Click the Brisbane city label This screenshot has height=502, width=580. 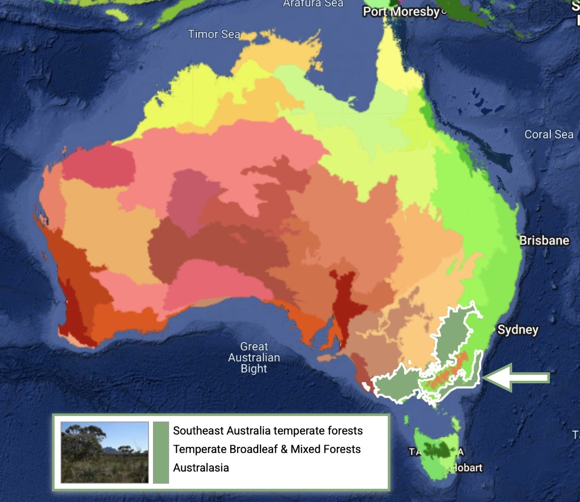click(x=544, y=240)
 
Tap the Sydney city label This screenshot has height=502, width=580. click(x=518, y=330)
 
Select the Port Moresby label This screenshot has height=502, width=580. click(x=401, y=11)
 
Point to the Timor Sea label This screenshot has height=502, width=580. click(x=214, y=34)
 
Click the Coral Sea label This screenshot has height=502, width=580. click(x=549, y=134)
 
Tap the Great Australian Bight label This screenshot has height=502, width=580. click(x=254, y=357)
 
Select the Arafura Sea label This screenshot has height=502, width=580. click(x=313, y=3)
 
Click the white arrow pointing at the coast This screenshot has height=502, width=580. click(x=517, y=377)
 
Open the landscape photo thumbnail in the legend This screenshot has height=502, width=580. click(x=105, y=452)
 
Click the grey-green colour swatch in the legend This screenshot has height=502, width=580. click(x=161, y=452)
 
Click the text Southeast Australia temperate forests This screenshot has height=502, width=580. click(x=268, y=431)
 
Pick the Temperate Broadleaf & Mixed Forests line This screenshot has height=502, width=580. click(x=267, y=449)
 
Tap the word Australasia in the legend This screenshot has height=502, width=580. click(x=201, y=468)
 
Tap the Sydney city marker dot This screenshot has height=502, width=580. click(x=494, y=329)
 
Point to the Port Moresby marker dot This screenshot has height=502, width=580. click(x=443, y=11)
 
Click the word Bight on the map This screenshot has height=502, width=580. click(x=254, y=368)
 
